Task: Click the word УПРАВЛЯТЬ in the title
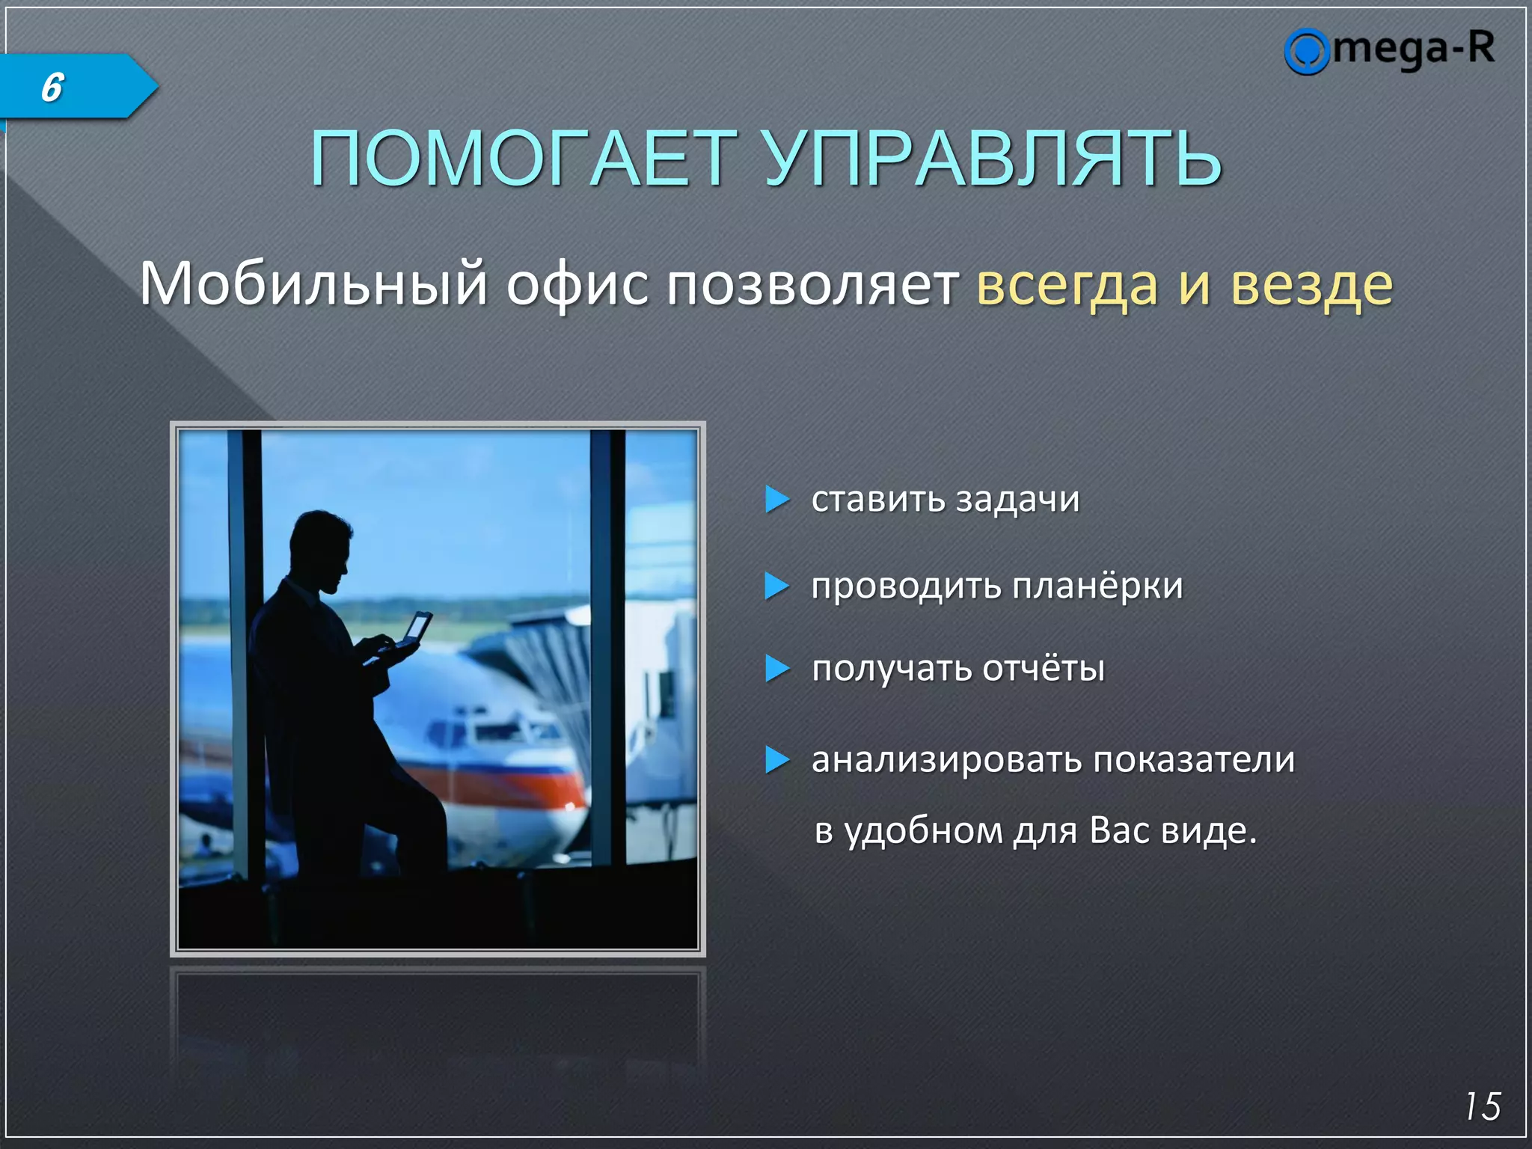tap(993, 158)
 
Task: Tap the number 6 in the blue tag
tap(52, 88)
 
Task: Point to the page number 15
tap(1482, 1106)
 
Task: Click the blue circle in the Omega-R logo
tap(1306, 52)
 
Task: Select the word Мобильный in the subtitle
tap(313, 284)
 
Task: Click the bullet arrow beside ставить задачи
tap(776, 499)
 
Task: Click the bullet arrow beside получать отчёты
tap(776, 668)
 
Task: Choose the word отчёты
tap(1043, 668)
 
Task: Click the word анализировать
tap(947, 760)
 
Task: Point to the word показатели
tap(1194, 760)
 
